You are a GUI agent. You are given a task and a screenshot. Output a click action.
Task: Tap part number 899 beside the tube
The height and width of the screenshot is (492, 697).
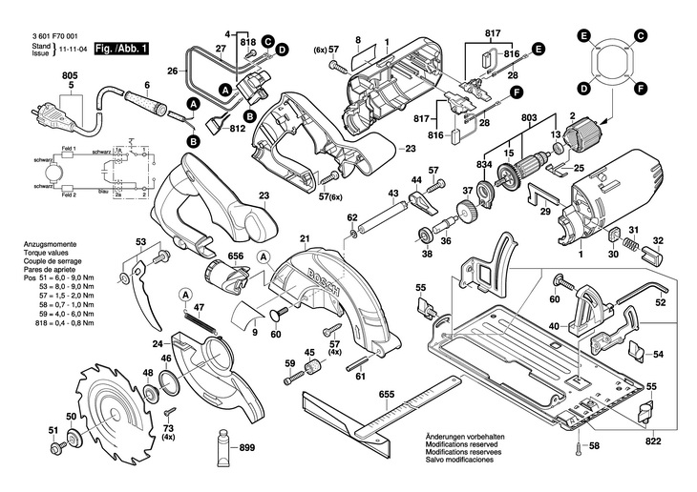pyautogui.click(x=245, y=448)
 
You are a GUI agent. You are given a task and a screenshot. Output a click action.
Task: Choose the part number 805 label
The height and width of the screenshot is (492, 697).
pyautogui.click(x=71, y=74)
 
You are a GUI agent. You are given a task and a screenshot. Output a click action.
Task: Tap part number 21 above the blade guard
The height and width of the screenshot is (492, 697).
pyautogui.click(x=305, y=238)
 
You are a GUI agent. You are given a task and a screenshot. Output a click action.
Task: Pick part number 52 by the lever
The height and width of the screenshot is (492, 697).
pyautogui.click(x=660, y=303)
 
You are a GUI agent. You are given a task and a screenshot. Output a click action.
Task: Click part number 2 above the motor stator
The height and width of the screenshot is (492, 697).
pyautogui.click(x=573, y=117)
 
